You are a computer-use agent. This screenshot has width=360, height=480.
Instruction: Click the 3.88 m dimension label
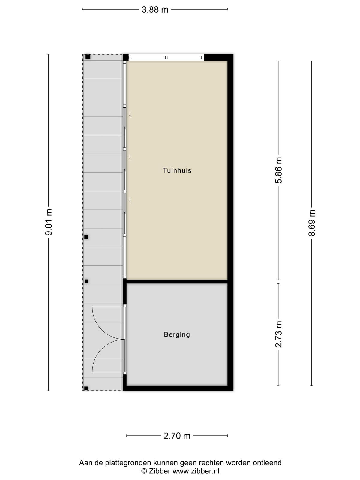tap(155, 10)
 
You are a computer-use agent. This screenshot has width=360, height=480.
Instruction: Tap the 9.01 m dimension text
tap(49, 222)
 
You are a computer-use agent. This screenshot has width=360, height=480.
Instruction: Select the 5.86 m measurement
tap(279, 170)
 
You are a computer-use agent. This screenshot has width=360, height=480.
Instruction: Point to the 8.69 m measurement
tap(312, 223)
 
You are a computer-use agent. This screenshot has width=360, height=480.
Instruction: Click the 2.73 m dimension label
tap(279, 334)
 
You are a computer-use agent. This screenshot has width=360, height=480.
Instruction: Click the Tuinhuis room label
tap(177, 170)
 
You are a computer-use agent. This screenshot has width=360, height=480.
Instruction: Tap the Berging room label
tap(177, 334)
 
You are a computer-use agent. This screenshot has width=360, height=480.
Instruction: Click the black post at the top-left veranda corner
tap(88, 57)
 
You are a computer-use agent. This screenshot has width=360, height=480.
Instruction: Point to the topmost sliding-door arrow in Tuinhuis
tap(130, 114)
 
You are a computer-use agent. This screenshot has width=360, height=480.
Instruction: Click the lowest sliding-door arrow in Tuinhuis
tap(130, 199)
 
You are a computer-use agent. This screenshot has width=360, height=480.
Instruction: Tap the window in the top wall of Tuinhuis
tap(166, 58)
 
